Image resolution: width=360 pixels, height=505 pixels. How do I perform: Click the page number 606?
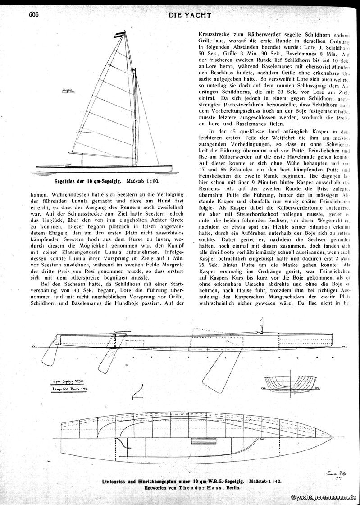[34, 14]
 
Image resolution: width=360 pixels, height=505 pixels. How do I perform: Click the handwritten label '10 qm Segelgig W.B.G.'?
[68, 381]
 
